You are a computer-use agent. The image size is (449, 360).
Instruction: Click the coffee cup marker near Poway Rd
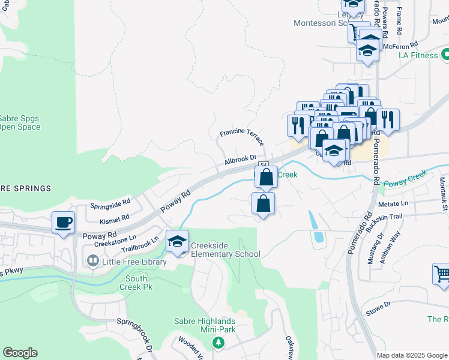(x=63, y=223)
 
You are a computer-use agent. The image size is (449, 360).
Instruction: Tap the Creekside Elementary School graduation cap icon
(x=177, y=241)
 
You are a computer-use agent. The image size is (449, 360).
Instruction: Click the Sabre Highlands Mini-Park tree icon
(x=219, y=343)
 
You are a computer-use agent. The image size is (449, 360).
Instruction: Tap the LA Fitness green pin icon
(x=445, y=55)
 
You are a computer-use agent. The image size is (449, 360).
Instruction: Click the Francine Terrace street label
(x=242, y=136)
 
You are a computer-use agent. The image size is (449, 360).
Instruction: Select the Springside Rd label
(x=110, y=204)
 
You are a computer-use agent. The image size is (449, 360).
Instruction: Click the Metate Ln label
(x=394, y=203)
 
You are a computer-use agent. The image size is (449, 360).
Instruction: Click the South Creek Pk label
(x=137, y=283)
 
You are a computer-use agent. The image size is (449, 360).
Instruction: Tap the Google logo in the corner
(x=20, y=353)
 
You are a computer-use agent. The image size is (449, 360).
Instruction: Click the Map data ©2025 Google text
(x=411, y=355)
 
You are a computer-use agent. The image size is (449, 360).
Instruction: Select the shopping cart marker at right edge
(x=441, y=274)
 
